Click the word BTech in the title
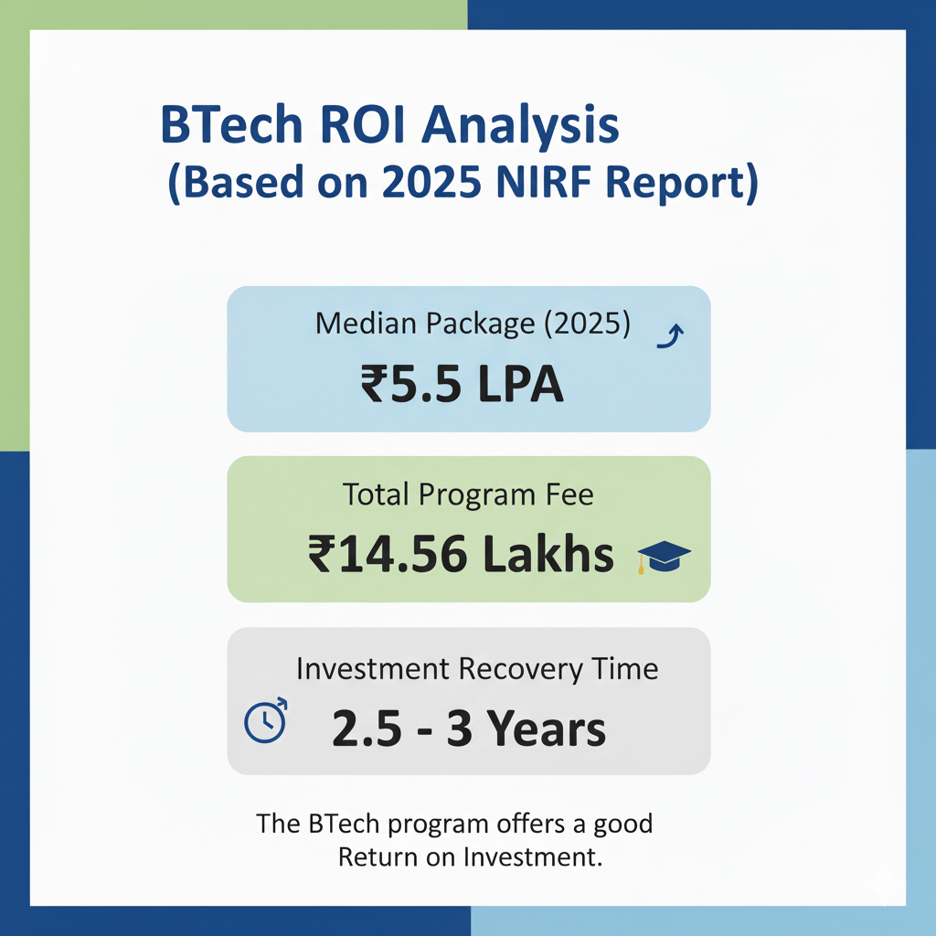pos(231,124)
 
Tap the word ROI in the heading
pos(363,124)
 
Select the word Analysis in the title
pos(520,125)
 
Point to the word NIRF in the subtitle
pos(543,182)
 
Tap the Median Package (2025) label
pos(473,324)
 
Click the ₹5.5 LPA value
pos(462,384)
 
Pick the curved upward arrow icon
pos(670,335)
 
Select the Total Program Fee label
pos(469,495)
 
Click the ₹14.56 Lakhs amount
pos(461,554)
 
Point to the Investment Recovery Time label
pos(477,669)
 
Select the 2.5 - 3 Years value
pos(469,729)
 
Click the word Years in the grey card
pos(547,729)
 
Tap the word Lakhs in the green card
pos(548,553)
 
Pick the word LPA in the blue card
pos(520,384)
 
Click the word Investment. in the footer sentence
pos(533,857)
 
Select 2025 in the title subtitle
pos(431,182)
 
